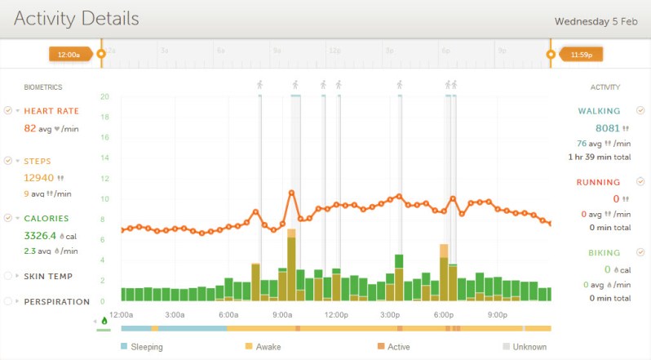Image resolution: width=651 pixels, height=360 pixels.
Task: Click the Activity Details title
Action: pos(77,18)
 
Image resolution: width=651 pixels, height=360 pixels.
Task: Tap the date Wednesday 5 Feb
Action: pos(595,20)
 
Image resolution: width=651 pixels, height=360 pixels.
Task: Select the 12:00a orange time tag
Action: pos(69,55)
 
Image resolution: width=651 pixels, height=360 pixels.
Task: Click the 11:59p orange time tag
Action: pos(581,55)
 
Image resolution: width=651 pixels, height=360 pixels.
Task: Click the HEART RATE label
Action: pos(51,111)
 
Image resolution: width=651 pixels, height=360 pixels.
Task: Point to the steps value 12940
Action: pos(38,177)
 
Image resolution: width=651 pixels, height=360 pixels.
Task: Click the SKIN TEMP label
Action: pos(48,277)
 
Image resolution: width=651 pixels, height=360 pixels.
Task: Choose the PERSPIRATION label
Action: pos(56,301)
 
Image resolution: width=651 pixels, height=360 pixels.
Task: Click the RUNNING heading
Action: pos(598,182)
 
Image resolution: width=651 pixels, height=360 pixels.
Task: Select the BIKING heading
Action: pos(604,253)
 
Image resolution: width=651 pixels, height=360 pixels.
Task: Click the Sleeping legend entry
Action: pos(146,347)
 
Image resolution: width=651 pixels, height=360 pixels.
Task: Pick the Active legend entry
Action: pos(398,347)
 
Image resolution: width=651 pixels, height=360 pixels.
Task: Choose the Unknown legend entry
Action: pos(529,347)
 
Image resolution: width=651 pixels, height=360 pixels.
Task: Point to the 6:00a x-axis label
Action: pos(228,314)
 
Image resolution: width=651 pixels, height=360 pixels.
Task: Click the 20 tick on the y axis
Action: pos(104,96)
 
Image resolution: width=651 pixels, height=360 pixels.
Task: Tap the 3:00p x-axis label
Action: pos(390,314)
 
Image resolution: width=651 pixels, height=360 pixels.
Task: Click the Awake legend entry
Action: pos(268,347)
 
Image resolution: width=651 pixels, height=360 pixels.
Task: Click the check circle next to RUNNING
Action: pos(640,181)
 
